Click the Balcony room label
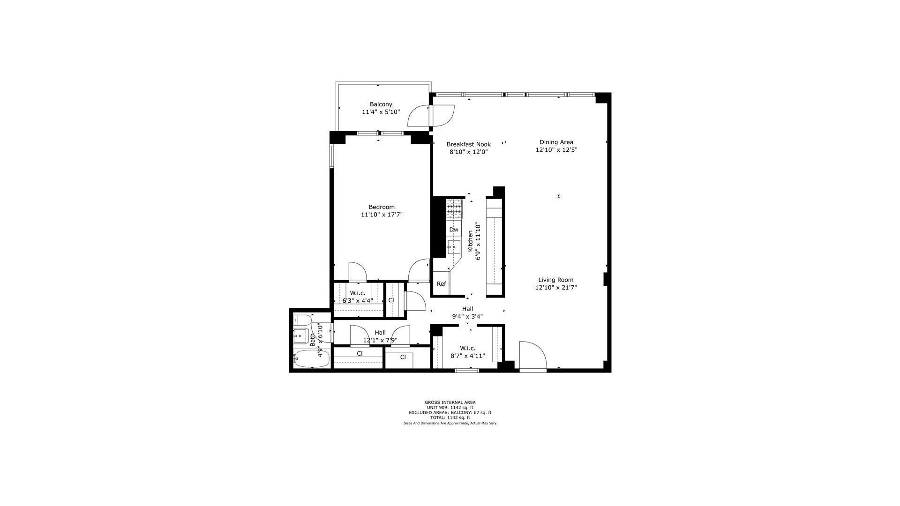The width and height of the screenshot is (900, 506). coord(381,104)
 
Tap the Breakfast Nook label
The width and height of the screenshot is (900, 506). coord(468,144)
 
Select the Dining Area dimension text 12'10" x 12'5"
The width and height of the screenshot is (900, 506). coord(556,150)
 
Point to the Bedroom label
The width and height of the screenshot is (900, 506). coord(382,207)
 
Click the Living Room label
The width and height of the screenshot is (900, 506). coord(555,280)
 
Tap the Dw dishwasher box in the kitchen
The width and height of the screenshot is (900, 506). coord(454,230)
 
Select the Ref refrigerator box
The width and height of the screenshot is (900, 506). coord(441,283)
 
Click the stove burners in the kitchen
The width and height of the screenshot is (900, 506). coord(454,209)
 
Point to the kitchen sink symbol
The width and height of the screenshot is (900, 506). coord(454,246)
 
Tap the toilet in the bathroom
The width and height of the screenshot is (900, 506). coord(302,320)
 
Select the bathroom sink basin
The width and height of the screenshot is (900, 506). coord(300,335)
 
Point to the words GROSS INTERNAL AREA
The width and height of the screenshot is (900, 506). coord(450,402)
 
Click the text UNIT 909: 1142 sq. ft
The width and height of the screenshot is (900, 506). coord(450,408)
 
